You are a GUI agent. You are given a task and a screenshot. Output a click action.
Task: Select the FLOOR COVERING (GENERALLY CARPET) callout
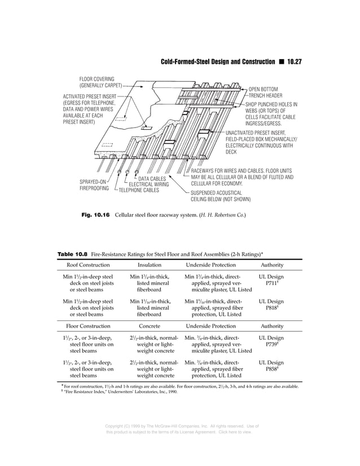coord(96,82)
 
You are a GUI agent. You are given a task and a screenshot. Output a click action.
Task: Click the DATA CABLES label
coord(152,179)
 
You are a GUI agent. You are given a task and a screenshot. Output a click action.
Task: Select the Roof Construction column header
coord(88,265)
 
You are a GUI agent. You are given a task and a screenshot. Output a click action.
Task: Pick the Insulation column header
coord(150,265)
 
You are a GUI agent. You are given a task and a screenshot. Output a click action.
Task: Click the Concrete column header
coord(150,326)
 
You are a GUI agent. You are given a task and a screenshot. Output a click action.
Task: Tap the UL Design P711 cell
coord(271,281)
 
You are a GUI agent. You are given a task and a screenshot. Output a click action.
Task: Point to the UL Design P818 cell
coord(271,305)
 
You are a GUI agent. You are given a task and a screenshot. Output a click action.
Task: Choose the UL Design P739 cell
coord(271,342)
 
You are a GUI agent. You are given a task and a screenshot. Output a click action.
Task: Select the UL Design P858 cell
coord(271,367)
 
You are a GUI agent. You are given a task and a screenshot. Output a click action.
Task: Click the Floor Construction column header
coord(88,326)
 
